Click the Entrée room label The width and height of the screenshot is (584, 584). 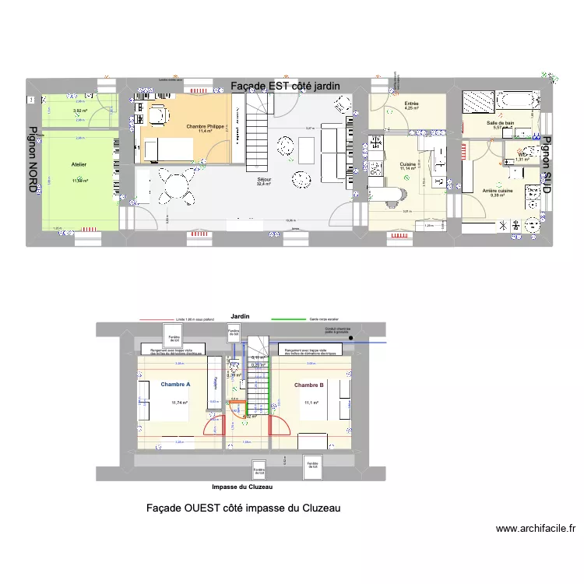(411, 104)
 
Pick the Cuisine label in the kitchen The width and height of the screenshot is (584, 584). (408, 164)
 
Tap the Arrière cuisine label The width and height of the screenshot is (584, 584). (497, 191)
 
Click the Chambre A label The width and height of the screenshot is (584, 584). (175, 384)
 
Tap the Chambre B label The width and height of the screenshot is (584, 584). (308, 385)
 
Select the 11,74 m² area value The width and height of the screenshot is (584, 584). (180, 403)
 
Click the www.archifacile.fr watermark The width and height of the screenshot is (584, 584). (535, 528)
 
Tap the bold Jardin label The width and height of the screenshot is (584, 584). (240, 316)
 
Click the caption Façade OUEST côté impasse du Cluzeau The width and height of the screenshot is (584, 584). (243, 508)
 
